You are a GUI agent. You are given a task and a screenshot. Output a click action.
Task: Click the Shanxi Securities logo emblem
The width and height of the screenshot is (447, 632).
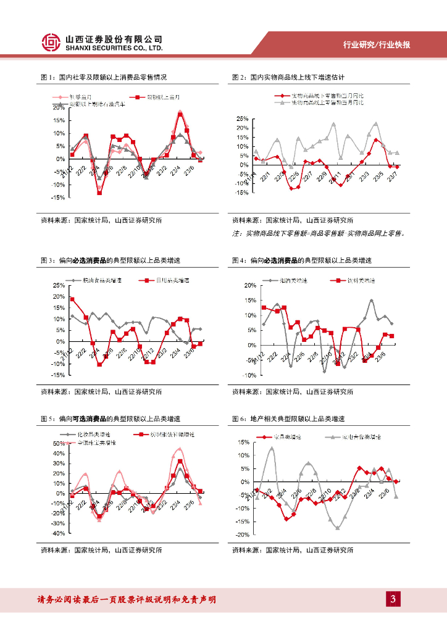[52, 42]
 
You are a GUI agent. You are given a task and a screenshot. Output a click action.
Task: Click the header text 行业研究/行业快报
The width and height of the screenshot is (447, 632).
[377, 45]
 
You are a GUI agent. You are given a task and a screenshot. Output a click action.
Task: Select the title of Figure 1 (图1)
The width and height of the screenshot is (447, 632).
[104, 78]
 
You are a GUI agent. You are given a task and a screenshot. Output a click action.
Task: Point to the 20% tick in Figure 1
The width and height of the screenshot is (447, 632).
[59, 107]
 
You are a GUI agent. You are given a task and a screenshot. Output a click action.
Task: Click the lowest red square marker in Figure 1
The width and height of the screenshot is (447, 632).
[99, 193]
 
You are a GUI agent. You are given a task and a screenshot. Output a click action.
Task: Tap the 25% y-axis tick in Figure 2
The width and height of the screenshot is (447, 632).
[242, 118]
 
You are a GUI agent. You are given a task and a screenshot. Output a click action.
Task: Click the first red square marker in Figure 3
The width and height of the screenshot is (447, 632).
[72, 299]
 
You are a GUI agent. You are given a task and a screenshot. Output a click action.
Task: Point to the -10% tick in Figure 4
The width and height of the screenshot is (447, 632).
[248, 375]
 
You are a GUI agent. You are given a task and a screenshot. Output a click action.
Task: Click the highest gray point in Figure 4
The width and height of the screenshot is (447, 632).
[371, 301]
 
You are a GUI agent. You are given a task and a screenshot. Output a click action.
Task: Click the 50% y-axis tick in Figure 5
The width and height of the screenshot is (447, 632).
[58, 443]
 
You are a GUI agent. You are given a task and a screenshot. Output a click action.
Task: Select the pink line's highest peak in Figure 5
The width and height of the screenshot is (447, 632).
[180, 449]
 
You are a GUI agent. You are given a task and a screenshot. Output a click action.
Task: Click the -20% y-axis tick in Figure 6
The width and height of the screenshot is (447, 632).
[242, 534]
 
